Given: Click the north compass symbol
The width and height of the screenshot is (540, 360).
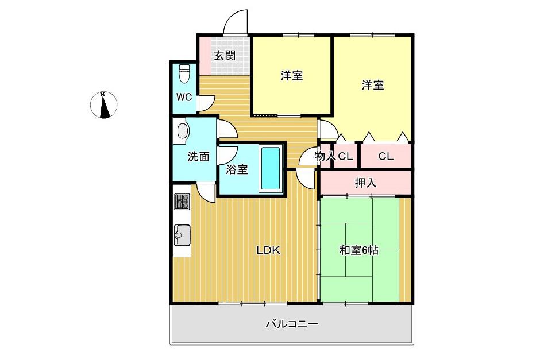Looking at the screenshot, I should (x=104, y=106).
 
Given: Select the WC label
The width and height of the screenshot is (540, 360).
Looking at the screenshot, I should (x=184, y=97).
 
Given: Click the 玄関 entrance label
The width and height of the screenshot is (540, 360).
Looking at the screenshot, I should (x=225, y=56).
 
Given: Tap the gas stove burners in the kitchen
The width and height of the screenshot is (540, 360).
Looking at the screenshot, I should (x=182, y=202).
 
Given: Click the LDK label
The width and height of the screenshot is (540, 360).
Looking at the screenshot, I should (x=268, y=250).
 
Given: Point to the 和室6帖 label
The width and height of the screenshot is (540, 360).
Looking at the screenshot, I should (x=359, y=250).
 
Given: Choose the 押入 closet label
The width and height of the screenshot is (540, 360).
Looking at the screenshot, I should (x=365, y=183).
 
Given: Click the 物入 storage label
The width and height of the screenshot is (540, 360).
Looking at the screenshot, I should (x=325, y=156).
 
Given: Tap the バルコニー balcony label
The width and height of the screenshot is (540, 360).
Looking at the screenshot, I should (x=291, y=324).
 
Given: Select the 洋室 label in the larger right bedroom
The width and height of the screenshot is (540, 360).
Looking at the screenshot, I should (x=373, y=85).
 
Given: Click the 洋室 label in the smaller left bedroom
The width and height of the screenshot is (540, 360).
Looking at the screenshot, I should (x=292, y=75).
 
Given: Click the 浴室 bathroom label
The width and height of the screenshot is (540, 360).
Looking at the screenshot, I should (x=237, y=169).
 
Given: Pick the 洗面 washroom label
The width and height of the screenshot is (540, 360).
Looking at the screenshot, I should (x=198, y=156).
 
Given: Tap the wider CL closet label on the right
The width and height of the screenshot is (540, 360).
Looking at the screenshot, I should (x=385, y=156).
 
